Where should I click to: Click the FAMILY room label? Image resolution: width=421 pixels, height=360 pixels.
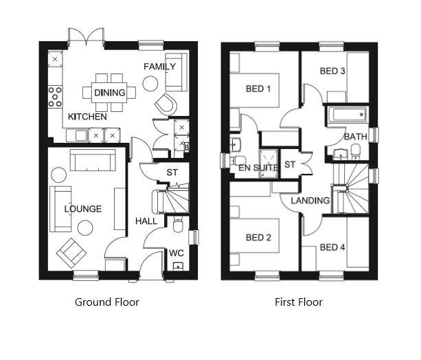pos(159,67)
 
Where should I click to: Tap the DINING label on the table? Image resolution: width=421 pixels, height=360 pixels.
pos(110,93)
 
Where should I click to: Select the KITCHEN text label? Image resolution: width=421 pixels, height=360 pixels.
pos(87,117)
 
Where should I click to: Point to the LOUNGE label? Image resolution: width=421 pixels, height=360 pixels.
pos(83,209)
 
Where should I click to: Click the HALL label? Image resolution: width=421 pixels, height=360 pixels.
pos(146,221)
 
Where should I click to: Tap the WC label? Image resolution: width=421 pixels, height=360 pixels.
pos(177,253)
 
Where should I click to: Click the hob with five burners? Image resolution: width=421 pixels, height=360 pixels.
pos(55,97)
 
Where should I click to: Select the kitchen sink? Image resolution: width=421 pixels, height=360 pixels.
pos(77,135)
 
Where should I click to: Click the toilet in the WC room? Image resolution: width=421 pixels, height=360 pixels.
pos(177,225)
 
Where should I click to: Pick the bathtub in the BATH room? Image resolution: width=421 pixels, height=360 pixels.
pos(347,115)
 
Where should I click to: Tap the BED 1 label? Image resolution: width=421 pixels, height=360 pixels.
pos(258,89)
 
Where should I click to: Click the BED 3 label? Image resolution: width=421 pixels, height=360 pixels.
pos(332,71)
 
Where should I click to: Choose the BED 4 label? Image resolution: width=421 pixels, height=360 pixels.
pos(332,247)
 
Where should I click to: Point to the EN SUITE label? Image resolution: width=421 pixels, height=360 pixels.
pos(258,168)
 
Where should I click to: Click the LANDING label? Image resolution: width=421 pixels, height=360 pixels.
pos(310,201)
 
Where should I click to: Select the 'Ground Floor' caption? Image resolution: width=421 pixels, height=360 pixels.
pos(107,302)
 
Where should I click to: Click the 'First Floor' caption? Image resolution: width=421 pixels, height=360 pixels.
pos(299,302)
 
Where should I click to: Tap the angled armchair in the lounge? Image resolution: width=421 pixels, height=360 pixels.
pos(71,253)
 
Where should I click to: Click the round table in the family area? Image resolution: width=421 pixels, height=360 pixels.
pos(150,84)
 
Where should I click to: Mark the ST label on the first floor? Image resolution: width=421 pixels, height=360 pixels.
pos(290,164)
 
